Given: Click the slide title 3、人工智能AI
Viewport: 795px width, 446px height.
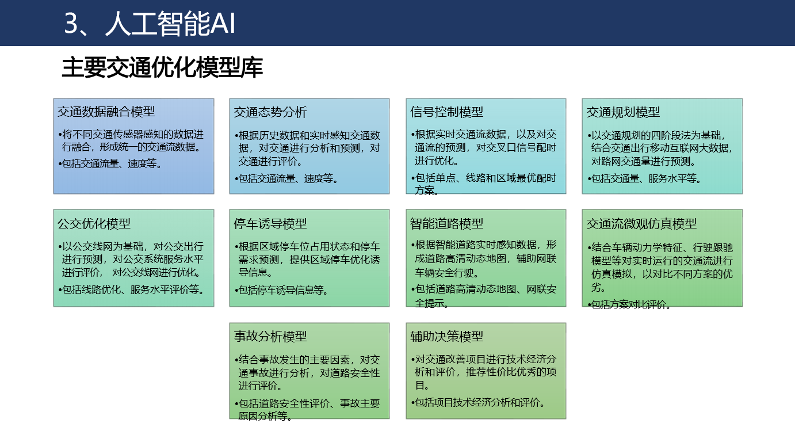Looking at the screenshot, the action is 150,24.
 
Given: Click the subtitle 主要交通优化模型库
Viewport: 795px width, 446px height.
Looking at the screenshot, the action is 162,67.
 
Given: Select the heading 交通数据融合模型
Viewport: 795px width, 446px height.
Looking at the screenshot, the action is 106,112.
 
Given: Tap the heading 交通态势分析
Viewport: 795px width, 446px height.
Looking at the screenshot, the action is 270,112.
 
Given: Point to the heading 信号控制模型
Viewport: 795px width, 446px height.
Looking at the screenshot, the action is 446,112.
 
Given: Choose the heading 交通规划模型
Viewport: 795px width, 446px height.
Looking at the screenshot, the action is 623,112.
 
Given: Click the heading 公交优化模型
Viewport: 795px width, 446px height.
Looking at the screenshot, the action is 94,224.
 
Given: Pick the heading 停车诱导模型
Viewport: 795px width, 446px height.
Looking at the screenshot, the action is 270,224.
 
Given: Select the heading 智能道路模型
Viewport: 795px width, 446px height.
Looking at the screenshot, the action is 446,224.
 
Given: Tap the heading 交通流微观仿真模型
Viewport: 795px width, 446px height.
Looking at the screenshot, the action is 641,224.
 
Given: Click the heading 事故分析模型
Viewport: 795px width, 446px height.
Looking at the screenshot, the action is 270,336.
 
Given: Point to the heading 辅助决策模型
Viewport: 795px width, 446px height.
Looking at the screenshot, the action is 446,336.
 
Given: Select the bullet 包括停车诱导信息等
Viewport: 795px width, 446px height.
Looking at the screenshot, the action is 281,290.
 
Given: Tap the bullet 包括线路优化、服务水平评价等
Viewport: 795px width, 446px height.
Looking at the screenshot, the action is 131,289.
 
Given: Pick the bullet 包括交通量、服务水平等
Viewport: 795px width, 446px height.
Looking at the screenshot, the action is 644,178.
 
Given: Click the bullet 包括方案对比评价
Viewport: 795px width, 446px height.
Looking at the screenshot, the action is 629,304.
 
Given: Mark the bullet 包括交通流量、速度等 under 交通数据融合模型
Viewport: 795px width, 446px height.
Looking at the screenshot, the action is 110,163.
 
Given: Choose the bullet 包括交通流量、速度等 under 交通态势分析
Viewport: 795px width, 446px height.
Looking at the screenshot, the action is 286,178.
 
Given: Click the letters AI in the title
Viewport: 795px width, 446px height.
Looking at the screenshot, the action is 223,24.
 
